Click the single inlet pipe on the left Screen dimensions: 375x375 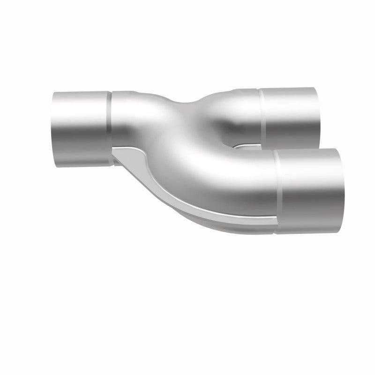(80, 127)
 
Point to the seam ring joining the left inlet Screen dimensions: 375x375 (111, 127)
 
